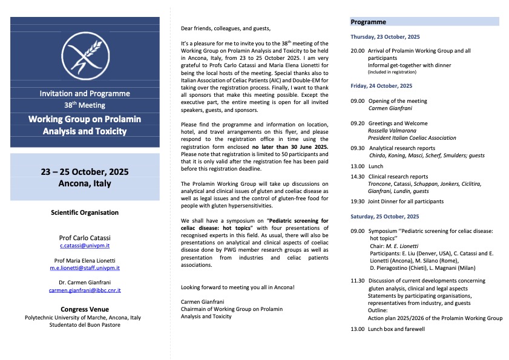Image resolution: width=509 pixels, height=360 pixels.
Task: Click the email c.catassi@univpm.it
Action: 85,246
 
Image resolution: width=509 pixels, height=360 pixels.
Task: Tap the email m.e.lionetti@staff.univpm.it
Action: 85,267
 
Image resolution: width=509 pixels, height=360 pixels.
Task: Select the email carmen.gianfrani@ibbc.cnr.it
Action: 85,290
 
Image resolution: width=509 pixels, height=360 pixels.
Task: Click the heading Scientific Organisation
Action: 85,212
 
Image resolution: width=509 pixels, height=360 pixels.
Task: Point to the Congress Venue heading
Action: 85,309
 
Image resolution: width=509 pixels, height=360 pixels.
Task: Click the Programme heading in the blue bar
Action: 368,22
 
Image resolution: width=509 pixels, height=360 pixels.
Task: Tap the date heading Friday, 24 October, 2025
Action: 381,86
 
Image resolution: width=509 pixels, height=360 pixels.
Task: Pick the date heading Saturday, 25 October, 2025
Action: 385,216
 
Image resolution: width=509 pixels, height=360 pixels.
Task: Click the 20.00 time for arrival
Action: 358,51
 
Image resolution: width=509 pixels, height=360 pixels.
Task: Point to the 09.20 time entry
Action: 358,123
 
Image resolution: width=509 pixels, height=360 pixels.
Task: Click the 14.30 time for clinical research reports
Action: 358,177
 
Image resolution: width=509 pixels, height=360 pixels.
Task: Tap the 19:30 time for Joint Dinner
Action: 358,201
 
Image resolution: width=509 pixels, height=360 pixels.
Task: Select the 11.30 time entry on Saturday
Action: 358,281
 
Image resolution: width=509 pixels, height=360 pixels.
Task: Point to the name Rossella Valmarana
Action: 394,130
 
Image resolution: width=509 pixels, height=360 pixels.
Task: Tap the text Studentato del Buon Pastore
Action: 85,325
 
